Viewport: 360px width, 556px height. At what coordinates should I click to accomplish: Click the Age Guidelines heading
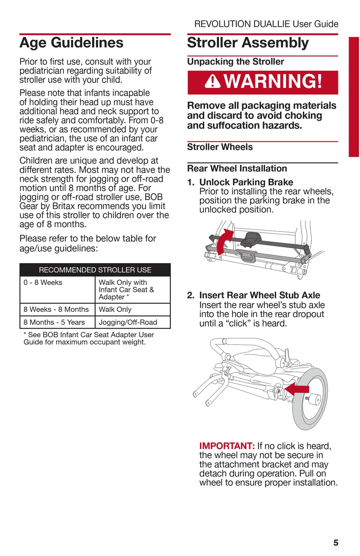pos(71,43)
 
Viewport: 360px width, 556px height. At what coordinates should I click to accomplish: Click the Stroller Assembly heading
pos(248,43)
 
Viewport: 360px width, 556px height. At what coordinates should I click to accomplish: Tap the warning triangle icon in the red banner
pos(213,81)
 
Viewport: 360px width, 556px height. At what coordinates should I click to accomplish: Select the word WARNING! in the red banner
pos(273,81)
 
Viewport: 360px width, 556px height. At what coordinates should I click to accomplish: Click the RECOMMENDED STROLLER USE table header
pos(95,270)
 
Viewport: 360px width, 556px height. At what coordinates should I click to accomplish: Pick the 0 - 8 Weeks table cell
pos(43,283)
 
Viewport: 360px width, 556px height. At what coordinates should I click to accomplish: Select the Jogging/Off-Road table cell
pos(128,322)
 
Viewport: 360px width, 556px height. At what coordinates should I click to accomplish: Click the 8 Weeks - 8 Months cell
pos(56,309)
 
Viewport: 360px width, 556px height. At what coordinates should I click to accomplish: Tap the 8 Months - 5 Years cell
pos(54,322)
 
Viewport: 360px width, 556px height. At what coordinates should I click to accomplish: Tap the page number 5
pos(335,543)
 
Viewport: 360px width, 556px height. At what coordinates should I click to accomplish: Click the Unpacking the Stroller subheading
pos(235,62)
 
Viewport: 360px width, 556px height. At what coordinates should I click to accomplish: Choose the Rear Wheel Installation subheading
pos(237,169)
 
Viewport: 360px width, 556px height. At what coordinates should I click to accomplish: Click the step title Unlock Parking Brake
pos(246,182)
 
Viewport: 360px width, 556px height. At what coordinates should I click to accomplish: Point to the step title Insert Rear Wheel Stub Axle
pos(260,295)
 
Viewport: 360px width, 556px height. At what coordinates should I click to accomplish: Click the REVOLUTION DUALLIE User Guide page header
pos(266,24)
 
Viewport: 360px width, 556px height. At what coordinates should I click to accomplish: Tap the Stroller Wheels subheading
pos(220,147)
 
